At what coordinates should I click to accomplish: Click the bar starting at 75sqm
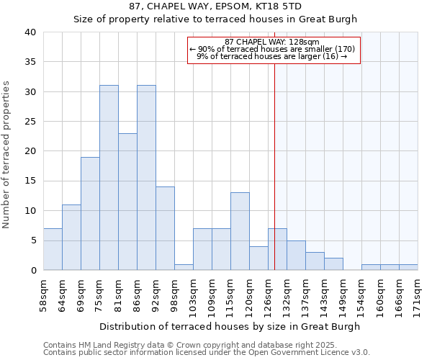[x=109, y=178]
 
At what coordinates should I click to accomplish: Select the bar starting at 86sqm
[x=146, y=178]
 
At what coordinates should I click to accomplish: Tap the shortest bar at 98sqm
[x=184, y=267]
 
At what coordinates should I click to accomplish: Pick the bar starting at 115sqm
[x=240, y=231]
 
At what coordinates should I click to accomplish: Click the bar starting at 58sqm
[x=53, y=249]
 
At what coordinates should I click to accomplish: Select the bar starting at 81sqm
[x=127, y=202]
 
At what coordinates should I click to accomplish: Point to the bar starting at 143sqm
[x=333, y=264]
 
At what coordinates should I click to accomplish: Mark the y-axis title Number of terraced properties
[x=7, y=155]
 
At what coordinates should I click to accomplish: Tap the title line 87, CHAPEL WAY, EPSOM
[x=215, y=6]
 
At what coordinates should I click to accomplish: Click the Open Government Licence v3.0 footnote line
[x=206, y=353]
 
